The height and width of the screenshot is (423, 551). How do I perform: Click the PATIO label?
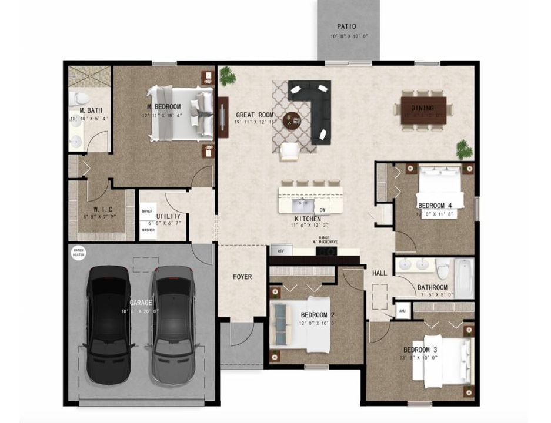click(346, 26)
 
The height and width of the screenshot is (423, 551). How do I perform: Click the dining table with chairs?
click(423, 108)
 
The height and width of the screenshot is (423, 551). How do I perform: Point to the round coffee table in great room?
click(292, 120)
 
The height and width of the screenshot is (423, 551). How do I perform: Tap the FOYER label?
click(242, 277)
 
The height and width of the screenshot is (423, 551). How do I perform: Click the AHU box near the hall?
click(402, 311)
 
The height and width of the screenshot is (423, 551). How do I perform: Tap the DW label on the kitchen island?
click(322, 210)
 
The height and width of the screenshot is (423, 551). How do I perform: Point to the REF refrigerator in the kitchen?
click(280, 251)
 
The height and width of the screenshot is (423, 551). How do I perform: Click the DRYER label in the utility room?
click(147, 210)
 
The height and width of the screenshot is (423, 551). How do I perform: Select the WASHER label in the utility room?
click(148, 230)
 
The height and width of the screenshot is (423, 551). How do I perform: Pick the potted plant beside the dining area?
click(465, 149)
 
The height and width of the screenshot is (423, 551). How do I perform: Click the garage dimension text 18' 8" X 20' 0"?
click(141, 311)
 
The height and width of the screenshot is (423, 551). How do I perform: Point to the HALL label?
click(379, 273)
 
